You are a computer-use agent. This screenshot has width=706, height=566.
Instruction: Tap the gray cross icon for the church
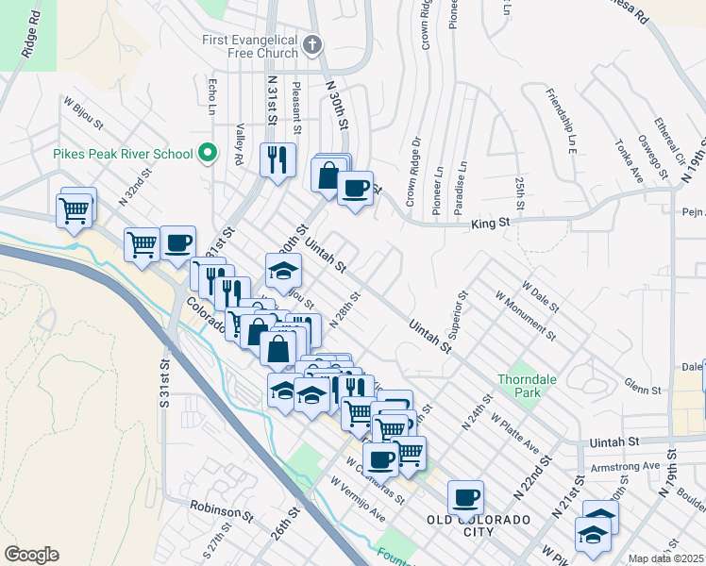coord(313,43)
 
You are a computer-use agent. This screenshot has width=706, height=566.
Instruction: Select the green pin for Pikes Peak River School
coord(210,153)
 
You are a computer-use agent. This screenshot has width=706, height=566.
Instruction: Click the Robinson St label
coord(221,512)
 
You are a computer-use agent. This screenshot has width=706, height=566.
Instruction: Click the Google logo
coord(31,555)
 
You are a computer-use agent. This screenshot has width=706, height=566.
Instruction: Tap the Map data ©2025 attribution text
coord(665,558)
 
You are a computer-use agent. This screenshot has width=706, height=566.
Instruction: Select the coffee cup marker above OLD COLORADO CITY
coord(464,496)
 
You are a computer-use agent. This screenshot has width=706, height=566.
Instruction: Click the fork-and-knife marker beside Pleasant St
coord(277,158)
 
